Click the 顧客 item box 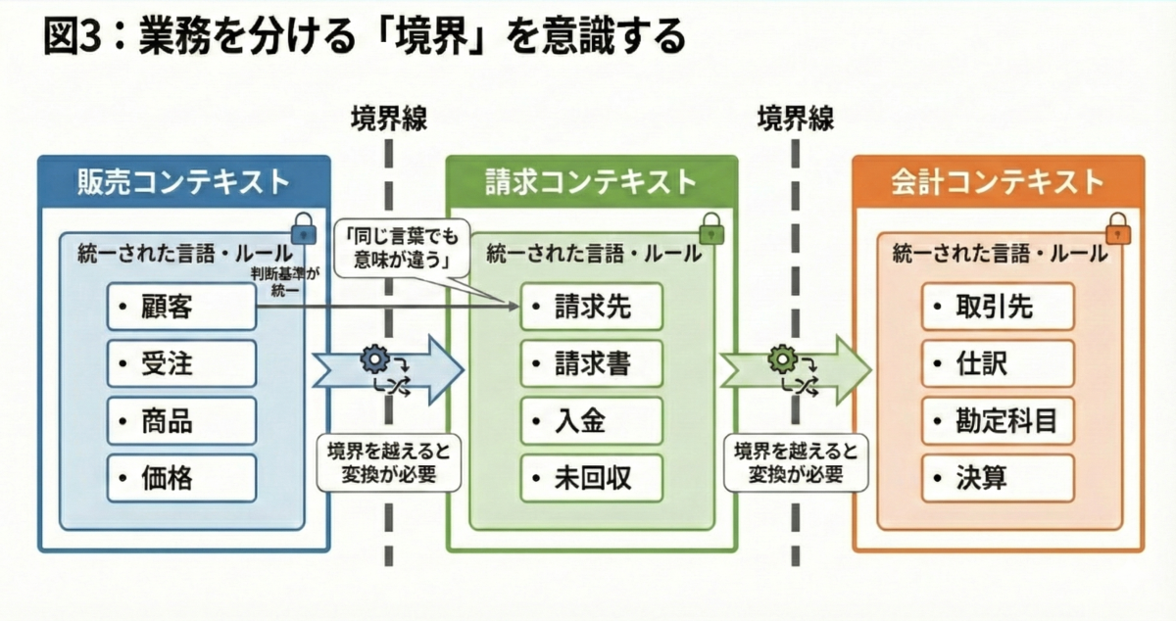pos(181,308)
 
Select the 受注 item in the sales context pos(181,364)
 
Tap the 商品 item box pos(181,422)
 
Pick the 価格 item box pos(181,479)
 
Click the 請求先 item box pos(591,308)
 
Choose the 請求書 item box pos(591,364)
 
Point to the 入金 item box pos(591,422)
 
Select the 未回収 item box pos(591,479)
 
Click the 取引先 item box pos(998,308)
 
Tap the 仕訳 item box pos(998,364)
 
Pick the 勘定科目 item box pos(998,422)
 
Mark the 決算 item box pos(998,479)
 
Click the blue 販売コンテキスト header pos(183,182)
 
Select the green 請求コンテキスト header pos(591,182)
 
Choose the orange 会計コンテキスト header pos(998,182)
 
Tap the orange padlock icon pos(1116,228)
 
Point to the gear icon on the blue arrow pos(373,359)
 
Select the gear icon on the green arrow pos(781,359)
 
